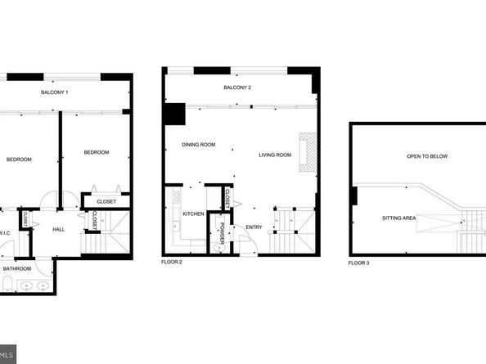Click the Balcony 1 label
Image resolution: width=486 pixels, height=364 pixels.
tap(55, 92)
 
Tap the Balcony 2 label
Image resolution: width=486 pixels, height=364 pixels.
tap(237, 88)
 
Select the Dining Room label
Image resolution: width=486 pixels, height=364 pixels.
tap(199, 145)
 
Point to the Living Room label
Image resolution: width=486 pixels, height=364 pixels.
tap(275, 155)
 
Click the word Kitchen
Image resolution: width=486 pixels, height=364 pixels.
tap(193, 214)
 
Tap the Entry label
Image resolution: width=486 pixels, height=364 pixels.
tap(254, 227)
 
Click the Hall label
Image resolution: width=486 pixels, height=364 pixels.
tap(59, 230)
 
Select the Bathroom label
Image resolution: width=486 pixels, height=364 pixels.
tap(17, 268)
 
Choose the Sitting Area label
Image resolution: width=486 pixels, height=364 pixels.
tap(399, 218)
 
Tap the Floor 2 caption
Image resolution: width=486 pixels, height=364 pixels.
tap(172, 263)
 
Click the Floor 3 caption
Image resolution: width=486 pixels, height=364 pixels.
tap(358, 263)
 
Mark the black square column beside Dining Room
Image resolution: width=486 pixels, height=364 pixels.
tap(173, 114)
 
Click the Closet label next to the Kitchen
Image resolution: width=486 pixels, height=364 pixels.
tap(227, 199)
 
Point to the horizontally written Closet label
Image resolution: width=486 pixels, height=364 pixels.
tap(106, 201)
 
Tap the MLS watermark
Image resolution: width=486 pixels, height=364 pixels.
tap(7, 355)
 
